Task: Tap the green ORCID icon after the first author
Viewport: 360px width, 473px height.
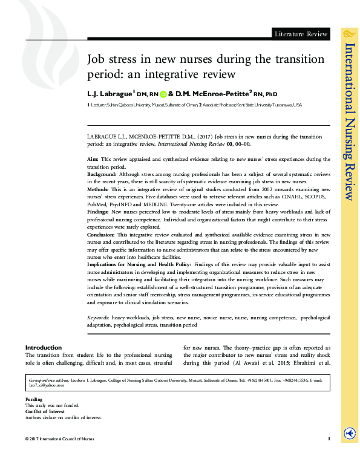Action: click(163, 94)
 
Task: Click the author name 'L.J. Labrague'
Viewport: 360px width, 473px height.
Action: click(111, 94)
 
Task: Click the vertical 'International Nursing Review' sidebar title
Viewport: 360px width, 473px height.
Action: click(349, 121)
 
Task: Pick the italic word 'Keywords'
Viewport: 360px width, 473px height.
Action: click(99, 316)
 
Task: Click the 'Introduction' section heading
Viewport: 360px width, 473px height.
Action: click(43, 347)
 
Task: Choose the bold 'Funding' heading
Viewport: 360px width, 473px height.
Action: click(34, 400)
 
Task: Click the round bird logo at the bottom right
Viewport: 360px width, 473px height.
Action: click(349, 433)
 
